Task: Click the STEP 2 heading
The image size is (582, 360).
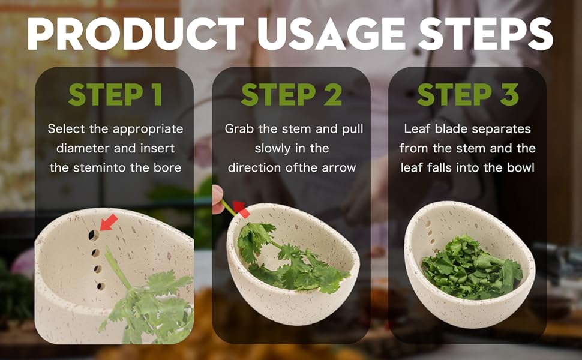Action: pyautogui.click(x=292, y=95)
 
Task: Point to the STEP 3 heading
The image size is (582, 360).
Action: pyautogui.click(x=468, y=95)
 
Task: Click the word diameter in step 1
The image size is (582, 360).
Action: pyautogui.click(x=70, y=148)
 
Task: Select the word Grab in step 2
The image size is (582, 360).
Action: pyautogui.click(x=238, y=129)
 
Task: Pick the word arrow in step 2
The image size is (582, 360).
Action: pyautogui.click(x=339, y=167)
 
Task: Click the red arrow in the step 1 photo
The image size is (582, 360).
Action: pyautogui.click(x=109, y=223)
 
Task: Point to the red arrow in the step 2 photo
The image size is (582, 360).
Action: pyautogui.click(x=241, y=209)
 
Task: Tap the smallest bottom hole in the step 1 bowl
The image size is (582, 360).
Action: pyautogui.click(x=101, y=286)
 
